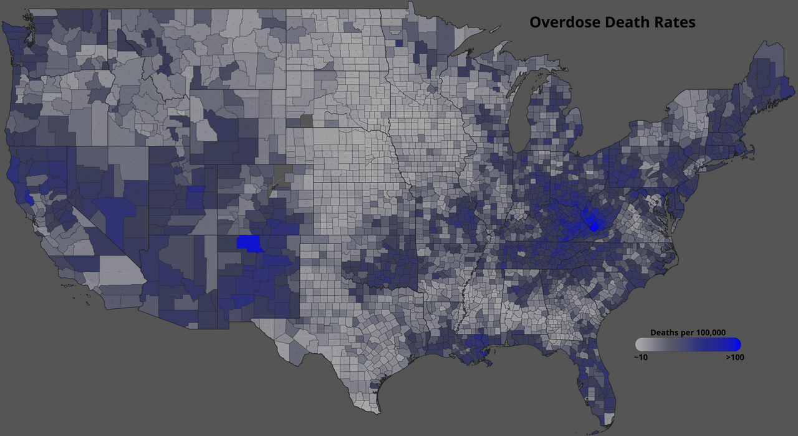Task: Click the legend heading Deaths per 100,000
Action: tap(688, 333)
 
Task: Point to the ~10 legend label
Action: tap(640, 358)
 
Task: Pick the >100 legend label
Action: tap(734, 358)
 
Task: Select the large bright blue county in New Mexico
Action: tap(249, 243)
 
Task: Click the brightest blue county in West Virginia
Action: tap(593, 220)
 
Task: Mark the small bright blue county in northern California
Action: tap(28, 199)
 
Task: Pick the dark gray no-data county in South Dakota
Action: tap(306, 121)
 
